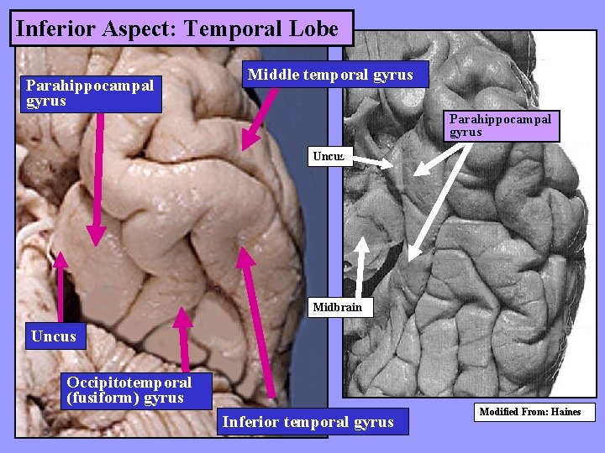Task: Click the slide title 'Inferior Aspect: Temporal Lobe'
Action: tap(177, 29)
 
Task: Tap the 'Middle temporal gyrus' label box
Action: tap(330, 75)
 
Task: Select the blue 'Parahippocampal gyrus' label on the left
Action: tap(90, 92)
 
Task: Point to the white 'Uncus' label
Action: tap(328, 156)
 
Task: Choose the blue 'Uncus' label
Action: tap(54, 336)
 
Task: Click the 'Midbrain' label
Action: tap(337, 307)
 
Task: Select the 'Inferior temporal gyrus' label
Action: tap(308, 421)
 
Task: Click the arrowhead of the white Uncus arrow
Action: tap(387, 165)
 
